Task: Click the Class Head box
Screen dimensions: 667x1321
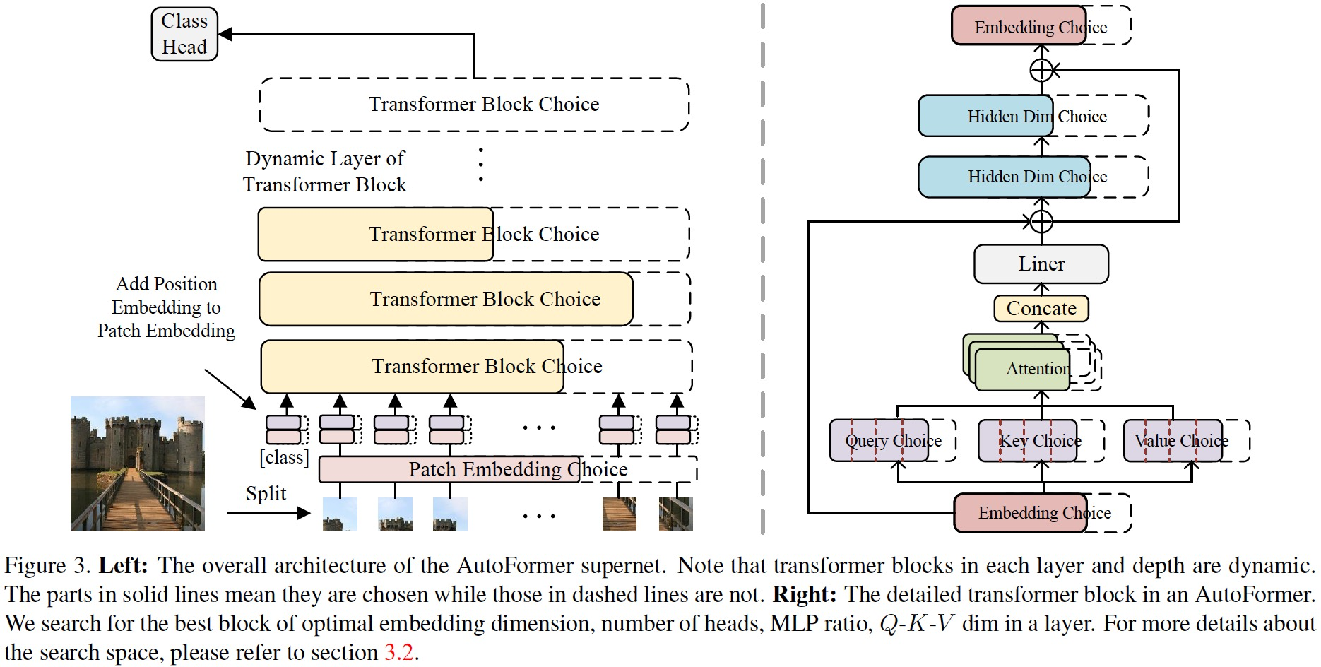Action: [x=184, y=34]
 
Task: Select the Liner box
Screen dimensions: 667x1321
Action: [x=1041, y=264]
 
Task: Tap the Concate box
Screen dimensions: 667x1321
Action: [x=1041, y=308]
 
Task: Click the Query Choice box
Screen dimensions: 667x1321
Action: [x=879, y=441]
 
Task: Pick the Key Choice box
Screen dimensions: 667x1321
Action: [x=1028, y=441]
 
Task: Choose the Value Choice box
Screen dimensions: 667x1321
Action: [x=1173, y=441]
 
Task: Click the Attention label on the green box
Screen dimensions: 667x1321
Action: [x=1037, y=369]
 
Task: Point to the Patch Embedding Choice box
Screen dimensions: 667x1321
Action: [x=449, y=469]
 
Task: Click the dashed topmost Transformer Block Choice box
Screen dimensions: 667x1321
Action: [x=474, y=105]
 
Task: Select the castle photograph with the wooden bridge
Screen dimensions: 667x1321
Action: [x=138, y=464]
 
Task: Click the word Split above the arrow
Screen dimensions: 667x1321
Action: [x=266, y=493]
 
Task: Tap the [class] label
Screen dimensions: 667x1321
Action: [x=284, y=457]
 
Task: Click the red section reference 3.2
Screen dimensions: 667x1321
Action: [x=398, y=652]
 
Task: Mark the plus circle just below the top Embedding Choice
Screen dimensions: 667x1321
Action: [x=1041, y=70]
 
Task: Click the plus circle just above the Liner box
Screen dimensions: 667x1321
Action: [x=1041, y=221]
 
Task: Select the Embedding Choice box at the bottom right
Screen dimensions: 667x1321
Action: [x=1020, y=513]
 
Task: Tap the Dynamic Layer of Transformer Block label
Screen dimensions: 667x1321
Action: [x=325, y=172]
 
